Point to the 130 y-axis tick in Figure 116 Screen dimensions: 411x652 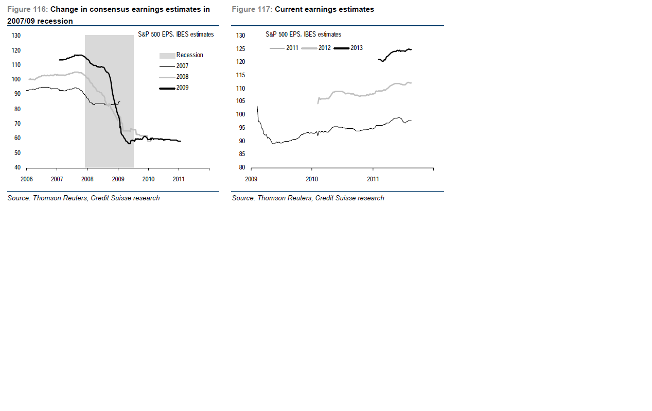click(16, 36)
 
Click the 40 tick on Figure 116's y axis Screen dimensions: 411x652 click(17, 167)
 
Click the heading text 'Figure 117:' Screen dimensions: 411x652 click(252, 9)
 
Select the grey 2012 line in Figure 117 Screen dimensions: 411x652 click(360, 94)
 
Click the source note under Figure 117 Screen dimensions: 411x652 click(308, 198)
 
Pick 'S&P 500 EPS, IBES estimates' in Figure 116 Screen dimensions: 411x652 click(175, 35)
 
